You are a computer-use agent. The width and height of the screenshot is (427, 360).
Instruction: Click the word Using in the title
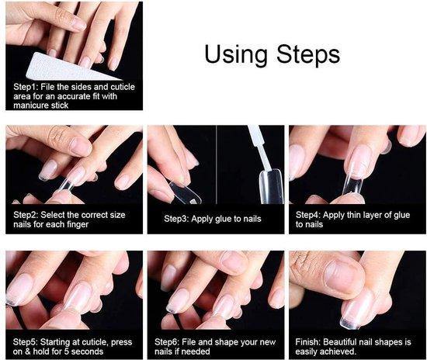coord(236,55)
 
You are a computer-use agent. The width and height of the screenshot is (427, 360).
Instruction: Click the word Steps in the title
coord(308,54)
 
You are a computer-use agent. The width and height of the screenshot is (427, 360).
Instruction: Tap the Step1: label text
coord(26,87)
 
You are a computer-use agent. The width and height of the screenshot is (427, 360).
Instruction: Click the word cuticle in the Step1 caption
coord(122,87)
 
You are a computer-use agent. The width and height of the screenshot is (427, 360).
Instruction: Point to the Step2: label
coord(26,215)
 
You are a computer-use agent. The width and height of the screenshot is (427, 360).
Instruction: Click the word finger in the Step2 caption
coord(77,225)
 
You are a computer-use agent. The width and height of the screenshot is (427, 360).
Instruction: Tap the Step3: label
coord(176,219)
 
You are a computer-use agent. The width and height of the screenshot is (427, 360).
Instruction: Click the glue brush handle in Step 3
coord(259,146)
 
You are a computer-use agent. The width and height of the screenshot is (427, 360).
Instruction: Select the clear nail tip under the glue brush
coord(271,187)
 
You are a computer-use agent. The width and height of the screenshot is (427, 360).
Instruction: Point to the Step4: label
coord(308,215)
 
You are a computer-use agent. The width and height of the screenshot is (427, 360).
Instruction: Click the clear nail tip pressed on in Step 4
coord(352,182)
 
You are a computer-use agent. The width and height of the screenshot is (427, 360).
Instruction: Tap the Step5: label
coord(26,342)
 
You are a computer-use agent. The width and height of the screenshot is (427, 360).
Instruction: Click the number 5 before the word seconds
coord(67,351)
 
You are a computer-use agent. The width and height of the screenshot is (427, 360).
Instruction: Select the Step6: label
coord(167,342)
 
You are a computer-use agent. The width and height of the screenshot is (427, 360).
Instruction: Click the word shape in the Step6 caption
coord(224,343)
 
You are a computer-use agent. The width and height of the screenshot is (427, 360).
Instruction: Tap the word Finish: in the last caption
coord(307,342)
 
